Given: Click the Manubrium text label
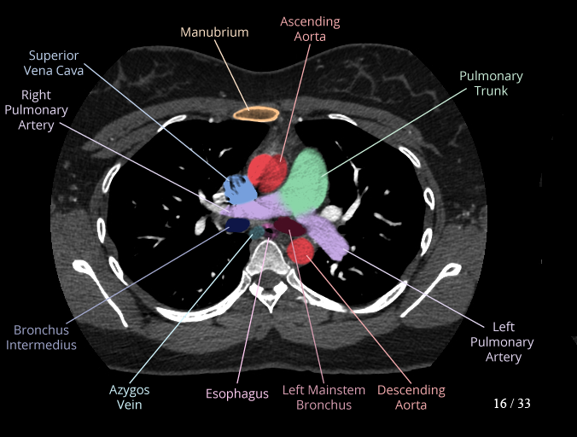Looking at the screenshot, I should coord(214,32).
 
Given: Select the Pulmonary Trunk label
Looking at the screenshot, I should coord(491,83).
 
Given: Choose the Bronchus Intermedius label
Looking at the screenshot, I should coord(45,337).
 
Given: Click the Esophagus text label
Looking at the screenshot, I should coord(237,394).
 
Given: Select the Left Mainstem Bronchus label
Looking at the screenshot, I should coord(323,398).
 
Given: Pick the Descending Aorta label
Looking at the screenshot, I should coord(411,398).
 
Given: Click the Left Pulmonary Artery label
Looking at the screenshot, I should coord(503,341).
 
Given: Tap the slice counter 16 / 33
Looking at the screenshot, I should coord(511,403).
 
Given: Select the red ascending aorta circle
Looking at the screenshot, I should coord(266,173).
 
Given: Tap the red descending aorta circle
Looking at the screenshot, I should coord(300,251).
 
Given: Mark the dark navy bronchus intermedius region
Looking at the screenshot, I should coord(236,224).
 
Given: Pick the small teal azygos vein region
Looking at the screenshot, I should coord(255,230).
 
